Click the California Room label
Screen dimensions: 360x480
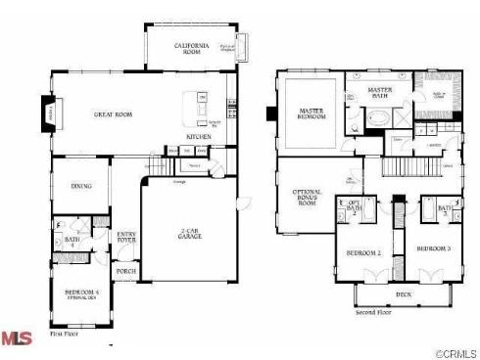[x=193, y=49]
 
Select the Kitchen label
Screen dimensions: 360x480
[x=200, y=137]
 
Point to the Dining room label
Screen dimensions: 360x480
[x=81, y=187]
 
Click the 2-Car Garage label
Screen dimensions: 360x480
[x=192, y=234]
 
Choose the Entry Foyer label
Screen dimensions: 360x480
[x=126, y=237]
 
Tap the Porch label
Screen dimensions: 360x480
[x=126, y=271]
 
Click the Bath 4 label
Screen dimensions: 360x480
[x=72, y=240]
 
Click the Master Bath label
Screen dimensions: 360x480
[x=379, y=96]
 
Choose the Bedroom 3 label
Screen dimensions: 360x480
[x=433, y=249]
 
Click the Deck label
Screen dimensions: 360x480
[x=404, y=292]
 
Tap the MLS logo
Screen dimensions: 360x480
[x=17, y=338]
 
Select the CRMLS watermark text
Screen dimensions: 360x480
[x=452, y=351]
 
